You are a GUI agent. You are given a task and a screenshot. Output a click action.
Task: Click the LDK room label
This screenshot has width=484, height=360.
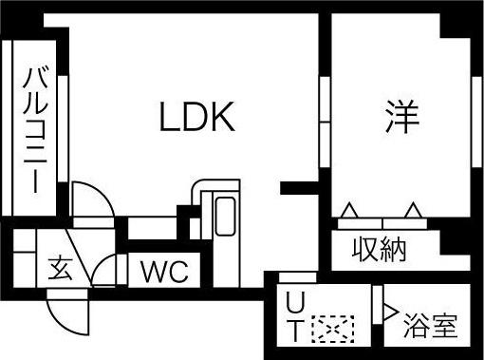[196, 118]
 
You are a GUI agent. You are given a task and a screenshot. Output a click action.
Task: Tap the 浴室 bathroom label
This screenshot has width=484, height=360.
[429, 327]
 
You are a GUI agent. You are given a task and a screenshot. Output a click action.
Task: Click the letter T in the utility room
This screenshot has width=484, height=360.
[295, 331]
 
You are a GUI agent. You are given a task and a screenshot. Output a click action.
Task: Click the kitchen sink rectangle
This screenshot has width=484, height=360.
[225, 218]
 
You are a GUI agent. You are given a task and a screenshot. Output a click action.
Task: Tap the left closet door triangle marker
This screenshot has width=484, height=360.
[350, 210]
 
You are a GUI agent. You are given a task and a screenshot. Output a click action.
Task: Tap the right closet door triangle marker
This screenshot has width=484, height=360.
[413, 210]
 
